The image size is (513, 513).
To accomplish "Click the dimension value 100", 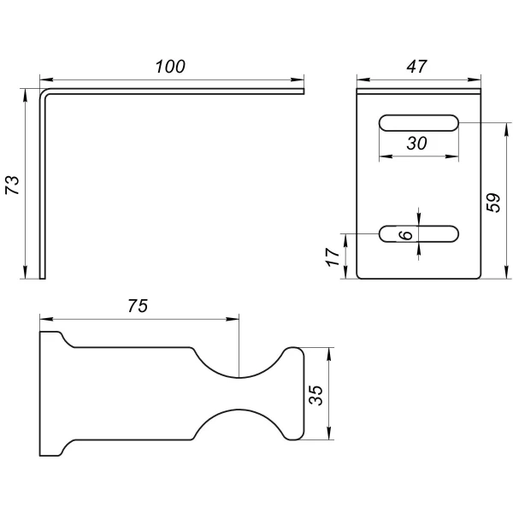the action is click(170, 67).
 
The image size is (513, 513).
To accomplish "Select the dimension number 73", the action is click(13, 186).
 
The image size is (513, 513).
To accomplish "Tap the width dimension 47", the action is click(416, 67).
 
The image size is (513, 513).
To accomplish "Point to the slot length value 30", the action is click(417, 144).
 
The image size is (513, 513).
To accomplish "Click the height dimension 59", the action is click(493, 203).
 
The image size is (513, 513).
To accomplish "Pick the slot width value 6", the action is click(406, 234).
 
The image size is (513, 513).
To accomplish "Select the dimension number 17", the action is click(333, 256).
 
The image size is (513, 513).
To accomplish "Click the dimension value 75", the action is click(138, 306).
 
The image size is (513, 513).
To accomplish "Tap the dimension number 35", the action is click(315, 396).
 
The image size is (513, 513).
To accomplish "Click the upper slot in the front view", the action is click(419, 123).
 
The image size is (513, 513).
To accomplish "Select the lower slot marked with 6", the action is click(419, 234).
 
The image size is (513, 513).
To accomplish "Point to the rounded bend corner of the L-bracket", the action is click(44, 93).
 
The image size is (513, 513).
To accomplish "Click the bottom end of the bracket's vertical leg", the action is click(43, 279).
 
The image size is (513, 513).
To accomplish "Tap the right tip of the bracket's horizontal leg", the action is click(304, 91).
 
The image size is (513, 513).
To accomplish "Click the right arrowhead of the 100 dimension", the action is click(298, 80).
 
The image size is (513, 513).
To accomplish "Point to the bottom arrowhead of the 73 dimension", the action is click(25, 272).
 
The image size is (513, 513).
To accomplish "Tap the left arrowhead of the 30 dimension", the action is click(386, 156).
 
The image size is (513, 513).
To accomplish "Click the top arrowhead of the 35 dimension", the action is click(329, 354).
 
